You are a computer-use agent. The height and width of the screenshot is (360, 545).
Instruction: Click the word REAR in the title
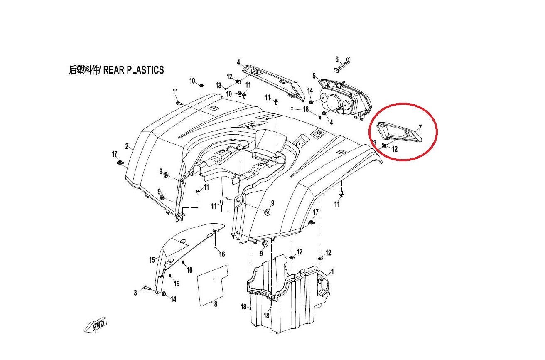pyautogui.click(x=114, y=70)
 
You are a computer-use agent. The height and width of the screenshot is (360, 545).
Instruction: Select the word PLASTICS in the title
pyautogui.click(x=145, y=70)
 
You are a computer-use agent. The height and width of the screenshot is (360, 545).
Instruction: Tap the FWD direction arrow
pyautogui.click(x=96, y=325)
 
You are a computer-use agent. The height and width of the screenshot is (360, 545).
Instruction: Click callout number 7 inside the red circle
pyautogui.click(x=420, y=128)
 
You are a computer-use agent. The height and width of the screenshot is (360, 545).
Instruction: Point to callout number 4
pyautogui.click(x=239, y=62)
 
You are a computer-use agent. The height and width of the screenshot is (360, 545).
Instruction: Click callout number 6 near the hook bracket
pyautogui.click(x=337, y=59)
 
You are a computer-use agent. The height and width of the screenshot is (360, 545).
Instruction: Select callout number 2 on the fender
pyautogui.click(x=127, y=146)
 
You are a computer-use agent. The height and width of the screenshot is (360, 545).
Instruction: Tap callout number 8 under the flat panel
pyautogui.click(x=216, y=304)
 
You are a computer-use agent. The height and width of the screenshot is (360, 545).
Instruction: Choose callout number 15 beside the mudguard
pyautogui.click(x=152, y=260)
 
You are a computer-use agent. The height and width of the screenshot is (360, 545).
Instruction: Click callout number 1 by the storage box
pyautogui.click(x=333, y=271)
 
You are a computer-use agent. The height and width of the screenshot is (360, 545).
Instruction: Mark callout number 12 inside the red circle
pyautogui.click(x=395, y=149)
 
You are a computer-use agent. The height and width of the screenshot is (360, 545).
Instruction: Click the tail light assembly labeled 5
pyautogui.click(x=344, y=99)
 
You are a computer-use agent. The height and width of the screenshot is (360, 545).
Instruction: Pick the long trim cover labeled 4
pyautogui.click(x=273, y=83)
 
